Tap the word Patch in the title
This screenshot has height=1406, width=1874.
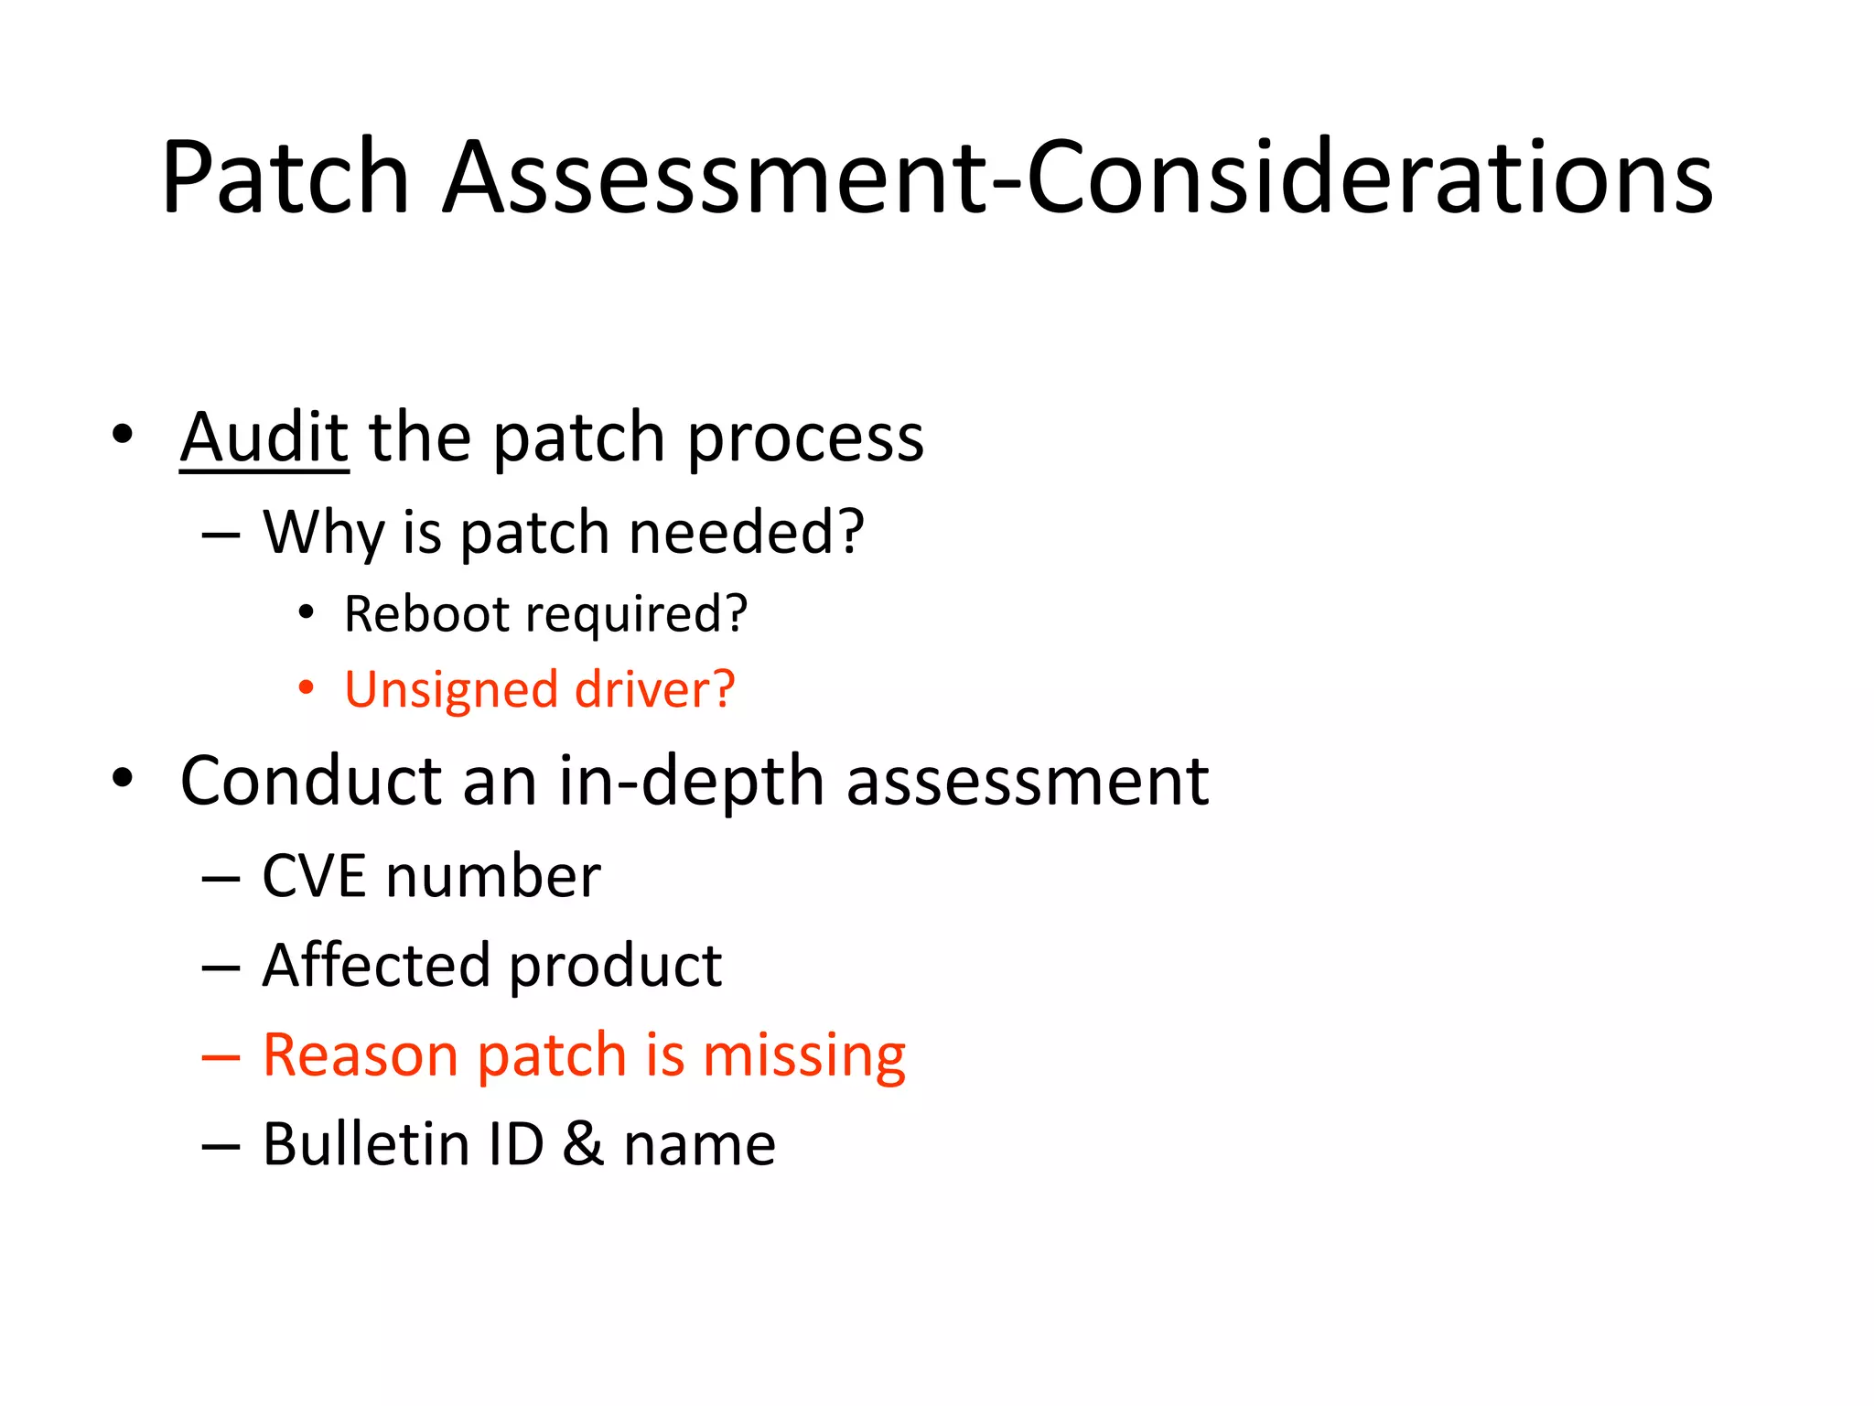pyautogui.click(x=285, y=178)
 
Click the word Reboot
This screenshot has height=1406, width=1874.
pyautogui.click(x=425, y=613)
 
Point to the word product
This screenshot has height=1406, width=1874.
pyautogui.click(x=615, y=967)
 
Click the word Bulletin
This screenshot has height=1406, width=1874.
pyautogui.click(x=365, y=1144)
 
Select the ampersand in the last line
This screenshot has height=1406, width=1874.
pyautogui.click(x=583, y=1144)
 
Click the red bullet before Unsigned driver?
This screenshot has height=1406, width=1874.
pyautogui.click(x=307, y=687)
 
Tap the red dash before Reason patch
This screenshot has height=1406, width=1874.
pyautogui.click(x=221, y=1057)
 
